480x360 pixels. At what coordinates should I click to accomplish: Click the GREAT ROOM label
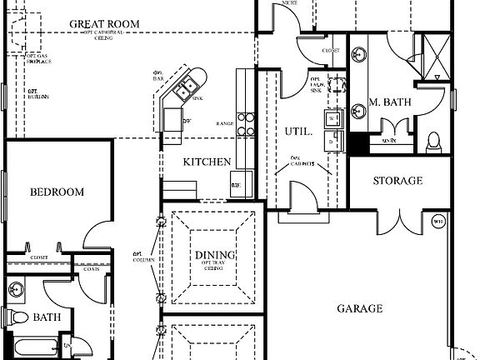click(x=104, y=23)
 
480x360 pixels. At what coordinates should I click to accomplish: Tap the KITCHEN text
click(x=207, y=162)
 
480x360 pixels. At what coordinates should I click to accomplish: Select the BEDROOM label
click(x=57, y=192)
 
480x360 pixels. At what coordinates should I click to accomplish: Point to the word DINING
click(x=215, y=255)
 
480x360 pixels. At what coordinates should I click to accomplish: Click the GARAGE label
click(x=360, y=307)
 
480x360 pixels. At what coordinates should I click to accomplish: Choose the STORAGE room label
click(x=397, y=181)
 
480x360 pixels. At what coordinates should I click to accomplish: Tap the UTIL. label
click(x=299, y=132)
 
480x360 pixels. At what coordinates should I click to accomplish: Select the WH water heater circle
click(x=438, y=221)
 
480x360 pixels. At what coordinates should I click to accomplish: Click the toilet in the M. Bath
click(x=433, y=142)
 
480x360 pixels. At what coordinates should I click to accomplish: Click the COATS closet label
click(x=91, y=268)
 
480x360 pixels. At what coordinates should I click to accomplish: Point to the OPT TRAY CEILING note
click(x=215, y=266)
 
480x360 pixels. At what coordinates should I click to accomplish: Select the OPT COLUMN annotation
click(x=138, y=257)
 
